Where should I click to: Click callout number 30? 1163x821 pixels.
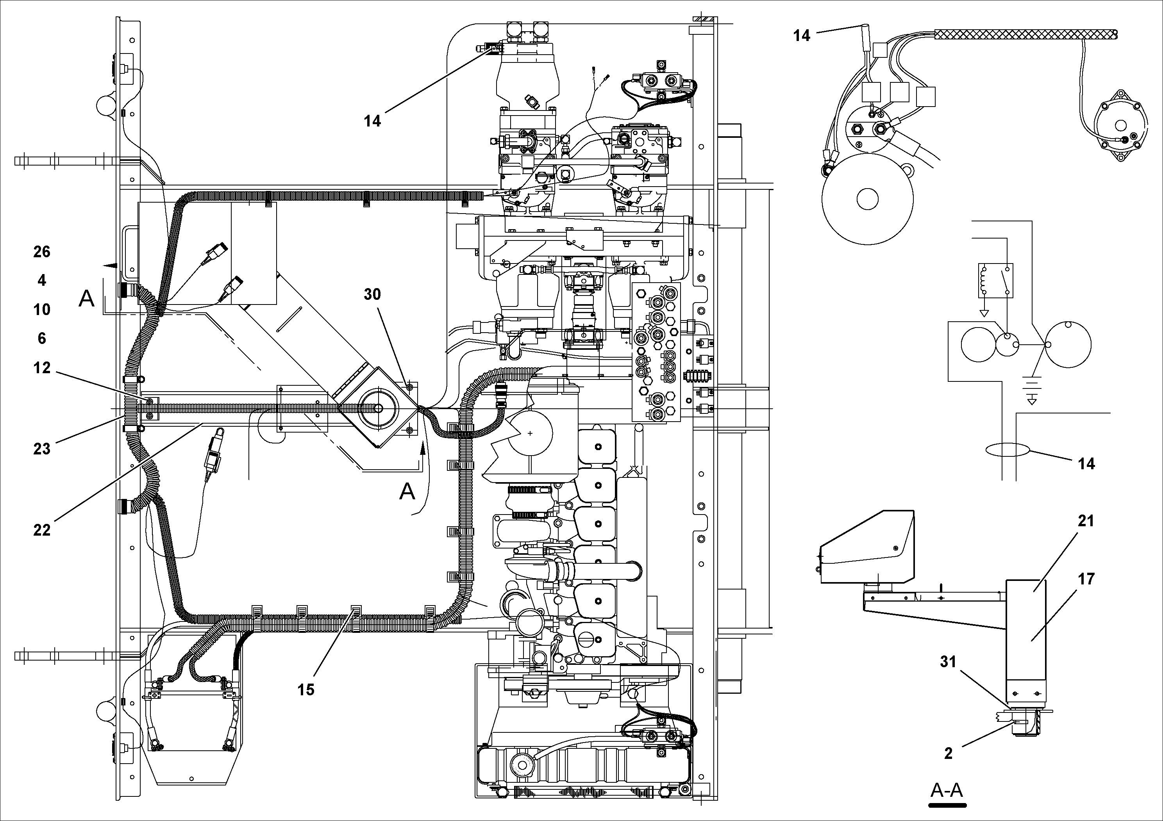pyautogui.click(x=372, y=294)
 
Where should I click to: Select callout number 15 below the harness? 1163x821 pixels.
pyautogui.click(x=305, y=689)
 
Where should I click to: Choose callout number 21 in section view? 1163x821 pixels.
pyautogui.click(x=1086, y=521)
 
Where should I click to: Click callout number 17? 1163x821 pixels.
pyautogui.click(x=1086, y=579)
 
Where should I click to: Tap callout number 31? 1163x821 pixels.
pyautogui.click(x=948, y=662)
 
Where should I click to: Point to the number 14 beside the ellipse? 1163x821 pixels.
pyautogui.click(x=1086, y=464)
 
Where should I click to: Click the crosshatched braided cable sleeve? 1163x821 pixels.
pyautogui.click(x=1023, y=34)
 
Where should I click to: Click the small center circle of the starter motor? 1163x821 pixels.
pyautogui.click(x=867, y=199)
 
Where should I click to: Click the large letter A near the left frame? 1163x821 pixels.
pyautogui.click(x=86, y=299)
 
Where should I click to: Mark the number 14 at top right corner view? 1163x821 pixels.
pyautogui.click(x=801, y=36)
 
